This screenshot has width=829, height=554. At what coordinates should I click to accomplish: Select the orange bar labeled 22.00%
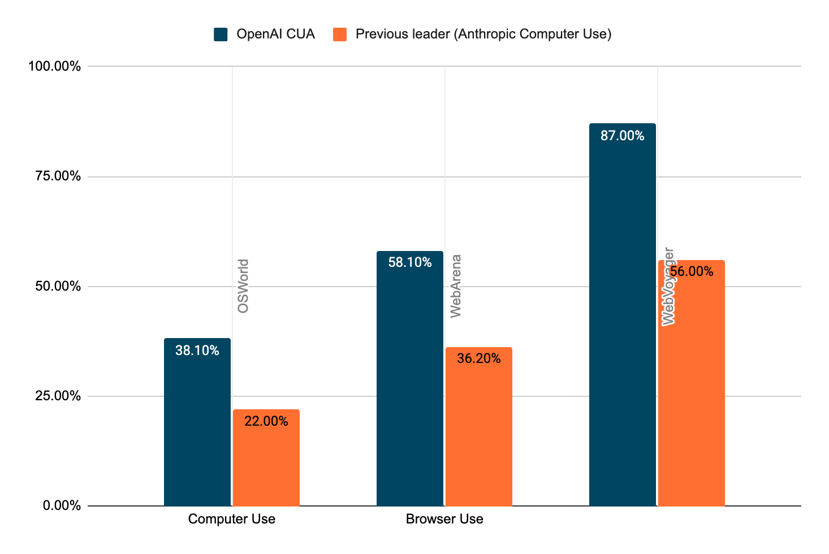click(266, 457)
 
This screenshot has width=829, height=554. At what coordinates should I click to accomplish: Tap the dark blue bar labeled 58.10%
click(410, 378)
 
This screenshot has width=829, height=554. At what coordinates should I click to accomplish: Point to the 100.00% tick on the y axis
click(55, 67)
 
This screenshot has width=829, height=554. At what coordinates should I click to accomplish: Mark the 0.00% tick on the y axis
click(62, 505)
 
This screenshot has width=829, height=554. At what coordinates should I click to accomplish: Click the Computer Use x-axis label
click(232, 519)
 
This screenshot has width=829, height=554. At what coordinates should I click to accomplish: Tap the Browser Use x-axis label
click(444, 519)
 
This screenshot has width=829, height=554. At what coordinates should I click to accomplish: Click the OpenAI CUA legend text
click(275, 34)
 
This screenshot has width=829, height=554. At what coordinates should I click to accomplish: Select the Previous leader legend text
click(483, 34)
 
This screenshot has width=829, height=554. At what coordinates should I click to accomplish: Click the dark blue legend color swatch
click(221, 34)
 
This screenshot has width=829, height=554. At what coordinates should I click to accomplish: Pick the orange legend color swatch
click(340, 34)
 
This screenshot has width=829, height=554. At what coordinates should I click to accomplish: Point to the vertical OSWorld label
click(243, 286)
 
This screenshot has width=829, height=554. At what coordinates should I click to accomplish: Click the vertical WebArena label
click(456, 286)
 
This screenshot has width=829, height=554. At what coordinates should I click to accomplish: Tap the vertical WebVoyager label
click(668, 286)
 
